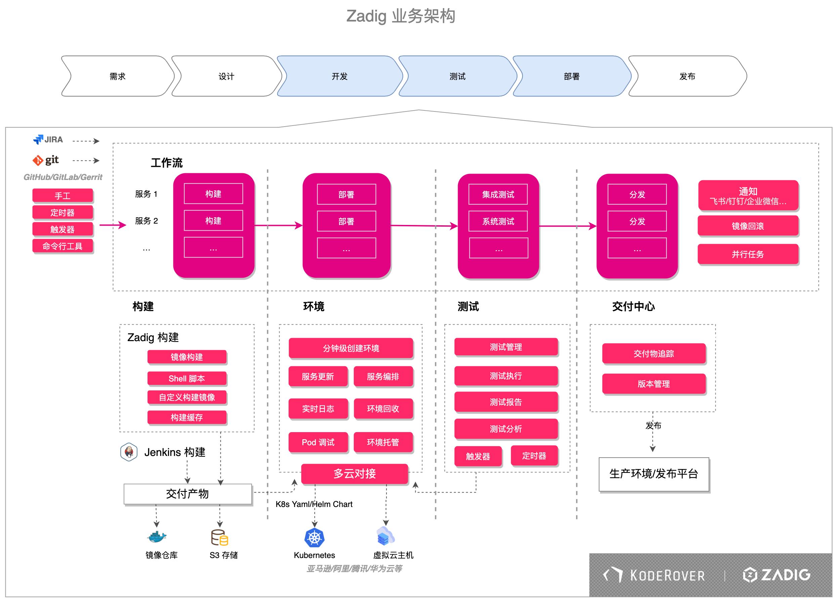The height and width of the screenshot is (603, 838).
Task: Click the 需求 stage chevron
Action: coord(118,77)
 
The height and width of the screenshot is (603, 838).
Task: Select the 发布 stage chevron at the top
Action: coord(687,77)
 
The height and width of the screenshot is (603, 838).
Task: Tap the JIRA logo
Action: coord(48,140)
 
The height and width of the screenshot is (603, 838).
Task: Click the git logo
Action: coord(46,160)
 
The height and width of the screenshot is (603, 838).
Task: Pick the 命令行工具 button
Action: coord(62,246)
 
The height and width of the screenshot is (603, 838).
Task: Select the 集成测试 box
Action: coord(498,194)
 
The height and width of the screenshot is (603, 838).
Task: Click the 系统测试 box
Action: coord(498,221)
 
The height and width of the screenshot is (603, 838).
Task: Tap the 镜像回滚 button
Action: coord(748,226)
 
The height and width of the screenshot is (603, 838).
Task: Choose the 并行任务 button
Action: coord(748,254)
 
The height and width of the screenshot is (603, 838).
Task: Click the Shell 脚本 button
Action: coord(186,378)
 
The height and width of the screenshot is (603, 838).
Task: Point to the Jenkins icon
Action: coord(129,452)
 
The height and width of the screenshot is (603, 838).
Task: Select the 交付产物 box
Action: coord(188,494)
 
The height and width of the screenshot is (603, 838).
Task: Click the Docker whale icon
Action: coord(157,537)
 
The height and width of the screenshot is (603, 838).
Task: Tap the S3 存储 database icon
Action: coord(219,538)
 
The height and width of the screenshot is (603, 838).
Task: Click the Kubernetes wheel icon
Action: coord(315,538)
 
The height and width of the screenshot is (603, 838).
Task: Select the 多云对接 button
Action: coord(354,474)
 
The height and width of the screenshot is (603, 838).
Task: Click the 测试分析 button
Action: coord(506,429)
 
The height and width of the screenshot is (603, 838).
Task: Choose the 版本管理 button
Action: coord(654,384)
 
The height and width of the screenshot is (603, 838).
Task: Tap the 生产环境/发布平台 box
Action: coord(654,474)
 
